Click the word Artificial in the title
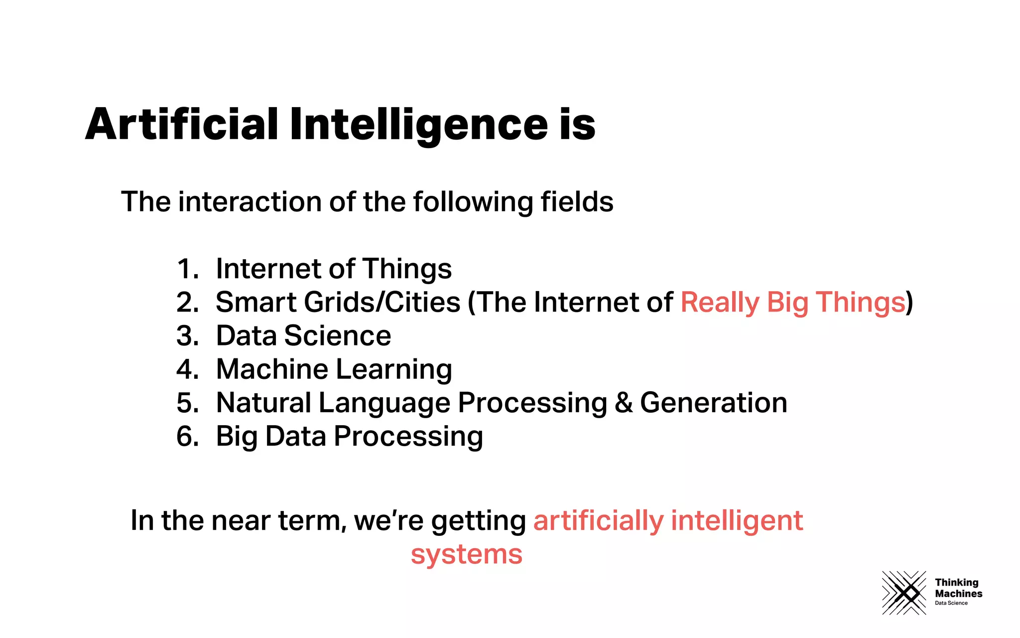(x=182, y=124)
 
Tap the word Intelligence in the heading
(x=419, y=124)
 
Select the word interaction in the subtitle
(x=250, y=202)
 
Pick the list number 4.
(x=188, y=369)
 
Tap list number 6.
(x=188, y=437)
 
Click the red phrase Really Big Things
(x=792, y=303)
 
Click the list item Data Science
(x=303, y=336)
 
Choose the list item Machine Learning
(x=334, y=369)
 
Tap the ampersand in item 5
(x=624, y=403)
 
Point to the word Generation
(x=713, y=403)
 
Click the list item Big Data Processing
(x=349, y=437)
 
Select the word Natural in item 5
(x=263, y=403)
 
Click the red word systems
(x=467, y=554)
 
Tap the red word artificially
(x=598, y=521)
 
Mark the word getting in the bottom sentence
(x=478, y=521)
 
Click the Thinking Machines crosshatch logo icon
(x=904, y=593)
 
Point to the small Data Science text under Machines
(x=951, y=603)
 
